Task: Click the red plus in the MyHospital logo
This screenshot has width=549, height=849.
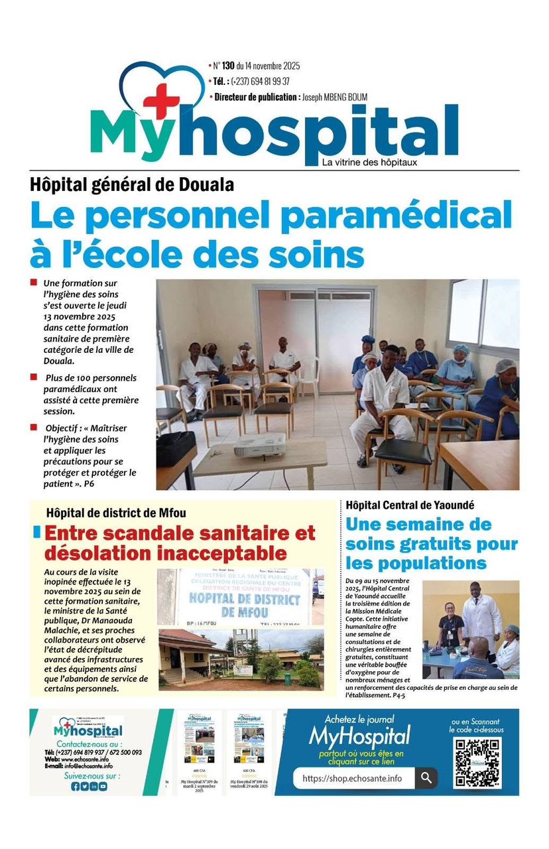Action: click(162, 100)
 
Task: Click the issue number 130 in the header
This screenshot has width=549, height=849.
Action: click(229, 66)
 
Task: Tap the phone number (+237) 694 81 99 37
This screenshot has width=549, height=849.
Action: click(261, 82)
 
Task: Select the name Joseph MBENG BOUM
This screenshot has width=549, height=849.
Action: click(334, 98)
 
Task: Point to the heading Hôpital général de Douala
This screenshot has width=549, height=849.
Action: click(132, 184)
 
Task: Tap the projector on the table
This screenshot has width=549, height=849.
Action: click(260, 446)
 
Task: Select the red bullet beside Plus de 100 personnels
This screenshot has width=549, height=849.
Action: click(33, 377)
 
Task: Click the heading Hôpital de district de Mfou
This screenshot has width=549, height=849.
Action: click(116, 513)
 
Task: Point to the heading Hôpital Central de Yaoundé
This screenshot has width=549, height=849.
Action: click(410, 505)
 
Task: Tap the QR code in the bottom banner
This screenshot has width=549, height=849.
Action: click(477, 762)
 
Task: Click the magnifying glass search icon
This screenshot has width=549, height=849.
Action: click(426, 778)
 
